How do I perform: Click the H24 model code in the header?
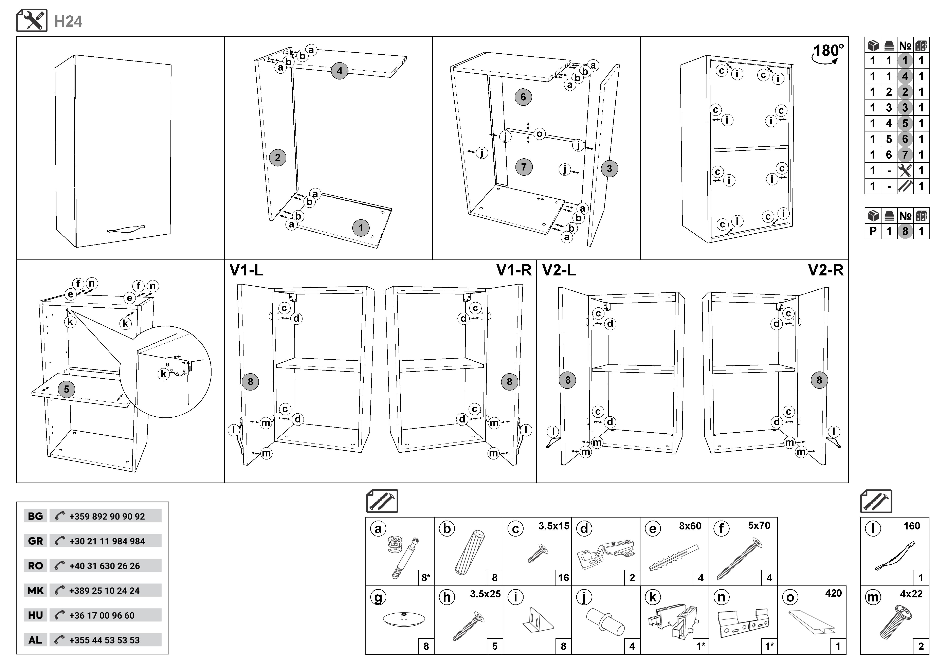[68, 21]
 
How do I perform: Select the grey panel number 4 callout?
[340, 71]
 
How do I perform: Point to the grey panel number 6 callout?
[523, 97]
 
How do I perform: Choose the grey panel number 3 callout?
[609, 168]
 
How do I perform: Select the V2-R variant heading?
[826, 270]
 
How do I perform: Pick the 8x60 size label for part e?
[690, 526]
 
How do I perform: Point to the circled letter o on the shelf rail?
[539, 134]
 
